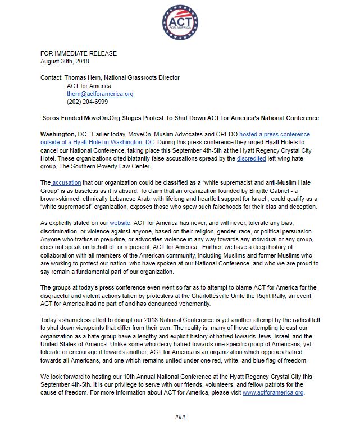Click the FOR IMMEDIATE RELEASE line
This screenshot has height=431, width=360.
[x=79, y=54]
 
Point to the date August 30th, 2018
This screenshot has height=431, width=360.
[x=65, y=61]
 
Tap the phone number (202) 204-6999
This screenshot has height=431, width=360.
[x=87, y=102]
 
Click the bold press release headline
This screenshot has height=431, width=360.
[x=181, y=118]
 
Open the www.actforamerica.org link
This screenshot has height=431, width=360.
[x=273, y=393]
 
